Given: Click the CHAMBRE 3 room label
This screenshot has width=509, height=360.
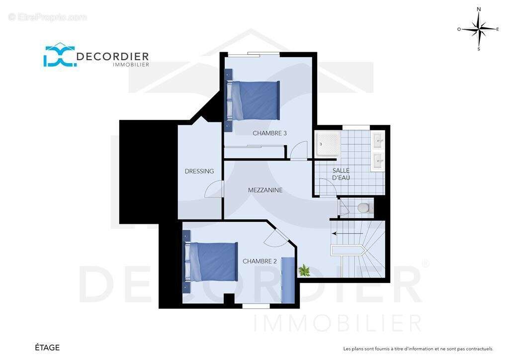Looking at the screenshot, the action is (x=269, y=133).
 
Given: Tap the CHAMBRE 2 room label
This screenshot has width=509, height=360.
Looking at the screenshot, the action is (x=259, y=261).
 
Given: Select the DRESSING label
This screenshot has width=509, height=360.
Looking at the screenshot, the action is (x=199, y=171).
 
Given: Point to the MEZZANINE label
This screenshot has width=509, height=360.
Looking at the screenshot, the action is (x=265, y=190).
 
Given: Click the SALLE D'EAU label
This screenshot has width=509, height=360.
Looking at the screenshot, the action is (x=341, y=174).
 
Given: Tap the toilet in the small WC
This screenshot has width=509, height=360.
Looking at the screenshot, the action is (x=363, y=207).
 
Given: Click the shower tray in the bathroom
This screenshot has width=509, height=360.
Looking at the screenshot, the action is (x=328, y=144).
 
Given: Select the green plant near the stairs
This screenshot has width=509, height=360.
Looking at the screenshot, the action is (x=304, y=270).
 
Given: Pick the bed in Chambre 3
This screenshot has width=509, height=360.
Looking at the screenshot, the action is (x=253, y=100).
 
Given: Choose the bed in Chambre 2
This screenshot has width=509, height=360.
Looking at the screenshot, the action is (x=211, y=262).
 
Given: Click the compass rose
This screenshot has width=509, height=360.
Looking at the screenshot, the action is (x=479, y=29).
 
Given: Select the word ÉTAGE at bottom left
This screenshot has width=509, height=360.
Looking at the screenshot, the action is (x=47, y=348).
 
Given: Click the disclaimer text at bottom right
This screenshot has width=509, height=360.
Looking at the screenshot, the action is (x=418, y=349).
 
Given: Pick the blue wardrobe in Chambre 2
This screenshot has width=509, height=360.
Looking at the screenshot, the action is (x=288, y=280).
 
